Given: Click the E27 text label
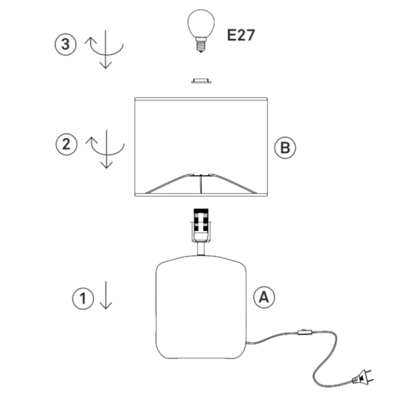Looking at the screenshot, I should coord(241,35).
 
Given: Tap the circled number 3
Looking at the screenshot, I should coord(65,45).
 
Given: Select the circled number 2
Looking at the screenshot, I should coord(65,144).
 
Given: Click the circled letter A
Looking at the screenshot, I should coord(264,296).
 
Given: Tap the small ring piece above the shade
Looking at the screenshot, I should coord(200,81).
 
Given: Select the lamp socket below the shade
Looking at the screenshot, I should coord(200,225).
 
